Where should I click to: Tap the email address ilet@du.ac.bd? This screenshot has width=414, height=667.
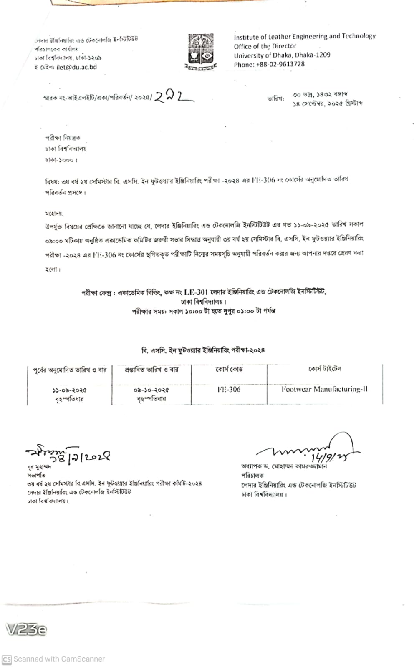(77, 67)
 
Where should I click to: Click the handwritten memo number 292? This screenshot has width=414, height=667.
(173, 97)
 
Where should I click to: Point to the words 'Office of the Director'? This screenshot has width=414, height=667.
(265, 46)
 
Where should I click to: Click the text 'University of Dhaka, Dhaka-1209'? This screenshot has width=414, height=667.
(282, 55)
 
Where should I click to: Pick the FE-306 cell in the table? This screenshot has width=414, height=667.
(229, 389)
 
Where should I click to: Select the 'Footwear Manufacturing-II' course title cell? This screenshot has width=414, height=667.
(324, 389)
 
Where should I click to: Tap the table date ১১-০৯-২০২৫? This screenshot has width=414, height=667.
(69, 390)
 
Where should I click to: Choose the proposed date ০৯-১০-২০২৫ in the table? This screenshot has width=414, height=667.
(151, 390)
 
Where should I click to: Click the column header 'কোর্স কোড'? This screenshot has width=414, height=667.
(229, 369)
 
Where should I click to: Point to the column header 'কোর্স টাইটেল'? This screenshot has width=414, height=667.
(325, 369)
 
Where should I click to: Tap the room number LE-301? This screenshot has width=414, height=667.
(196, 292)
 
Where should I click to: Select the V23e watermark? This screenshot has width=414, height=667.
(26, 629)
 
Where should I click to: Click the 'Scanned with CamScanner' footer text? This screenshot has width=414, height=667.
(59, 659)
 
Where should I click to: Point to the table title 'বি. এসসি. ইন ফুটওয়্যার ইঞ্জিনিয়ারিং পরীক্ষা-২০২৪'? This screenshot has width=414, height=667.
(203, 350)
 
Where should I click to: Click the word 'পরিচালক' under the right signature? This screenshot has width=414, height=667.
(252, 475)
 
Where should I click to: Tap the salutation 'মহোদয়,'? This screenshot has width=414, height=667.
(54, 213)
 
